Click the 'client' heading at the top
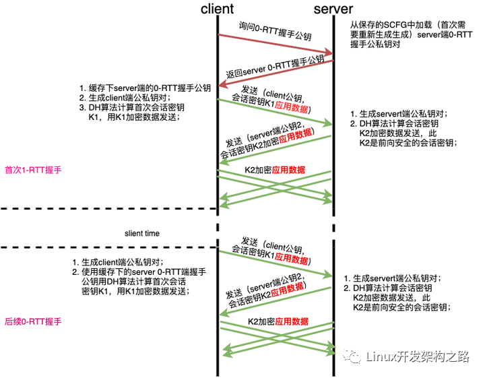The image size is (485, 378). [217, 9]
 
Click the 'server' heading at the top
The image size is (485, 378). [333, 9]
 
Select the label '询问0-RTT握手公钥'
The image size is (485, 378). [275, 31]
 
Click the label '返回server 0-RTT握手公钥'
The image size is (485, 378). [275, 67]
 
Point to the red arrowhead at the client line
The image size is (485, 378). [224, 84]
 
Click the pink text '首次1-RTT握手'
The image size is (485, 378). [33, 170]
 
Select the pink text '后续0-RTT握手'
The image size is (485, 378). [33, 321]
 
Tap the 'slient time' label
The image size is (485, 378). [142, 233]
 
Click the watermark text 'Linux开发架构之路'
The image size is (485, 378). [418, 356]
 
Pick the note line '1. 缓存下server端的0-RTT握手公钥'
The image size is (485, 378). [145, 88]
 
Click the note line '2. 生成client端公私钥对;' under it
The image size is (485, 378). [125, 98]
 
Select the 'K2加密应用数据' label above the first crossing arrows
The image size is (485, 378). [275, 170]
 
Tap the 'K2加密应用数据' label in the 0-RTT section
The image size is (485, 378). [278, 321]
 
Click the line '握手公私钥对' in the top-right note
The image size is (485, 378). [375, 44]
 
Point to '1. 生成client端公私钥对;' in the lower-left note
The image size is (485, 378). [118, 262]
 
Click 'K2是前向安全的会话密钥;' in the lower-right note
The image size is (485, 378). [402, 307]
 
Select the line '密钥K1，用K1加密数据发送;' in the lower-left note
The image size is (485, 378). [135, 291]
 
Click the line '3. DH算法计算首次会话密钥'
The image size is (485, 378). [132, 107]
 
